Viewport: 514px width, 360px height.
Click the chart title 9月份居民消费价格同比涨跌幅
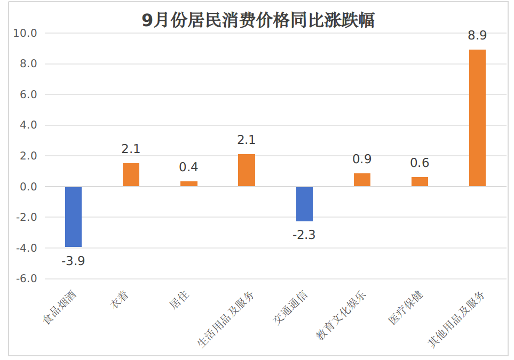click(x=258, y=20)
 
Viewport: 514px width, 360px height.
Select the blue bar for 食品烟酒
click(x=74, y=217)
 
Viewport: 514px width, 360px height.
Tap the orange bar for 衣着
click(x=131, y=175)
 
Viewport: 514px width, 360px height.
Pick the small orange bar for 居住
click(x=189, y=183)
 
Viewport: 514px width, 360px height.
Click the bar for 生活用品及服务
click(x=247, y=170)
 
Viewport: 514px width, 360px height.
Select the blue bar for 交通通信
click(x=304, y=204)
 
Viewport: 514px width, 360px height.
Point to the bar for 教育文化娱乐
click(x=362, y=180)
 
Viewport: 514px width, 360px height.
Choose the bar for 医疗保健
click(x=420, y=181)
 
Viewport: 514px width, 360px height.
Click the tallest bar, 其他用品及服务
click(x=477, y=118)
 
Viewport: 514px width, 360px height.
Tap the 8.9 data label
click(x=477, y=36)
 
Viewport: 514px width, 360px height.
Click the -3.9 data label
click(x=74, y=261)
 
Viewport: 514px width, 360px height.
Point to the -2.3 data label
click(x=304, y=235)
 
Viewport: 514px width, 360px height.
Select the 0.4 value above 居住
click(x=188, y=167)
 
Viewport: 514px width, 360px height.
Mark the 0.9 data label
click(x=362, y=159)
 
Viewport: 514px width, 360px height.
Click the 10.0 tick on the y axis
click(x=26, y=34)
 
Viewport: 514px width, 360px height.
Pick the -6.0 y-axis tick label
click(x=26, y=279)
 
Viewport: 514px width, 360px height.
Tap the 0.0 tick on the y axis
click(x=27, y=187)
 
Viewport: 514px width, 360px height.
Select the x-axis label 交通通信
click(x=291, y=308)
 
